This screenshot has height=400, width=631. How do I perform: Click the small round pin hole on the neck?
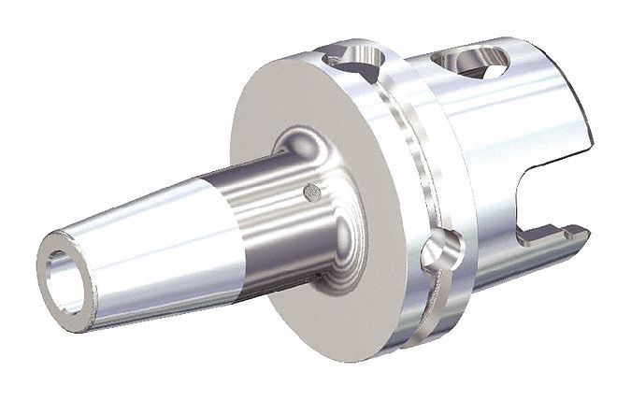pos(312,193)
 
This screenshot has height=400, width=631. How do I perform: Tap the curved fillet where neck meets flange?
pos(308,150)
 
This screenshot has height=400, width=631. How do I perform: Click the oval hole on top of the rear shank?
pos(480,64)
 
